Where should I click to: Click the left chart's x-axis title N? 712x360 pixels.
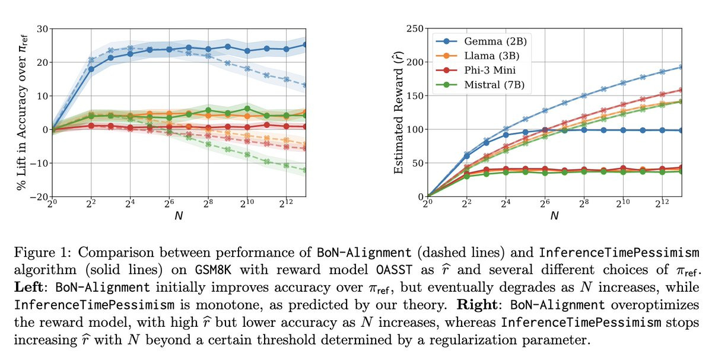point(178,215)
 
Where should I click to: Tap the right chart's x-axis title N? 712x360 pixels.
point(554,215)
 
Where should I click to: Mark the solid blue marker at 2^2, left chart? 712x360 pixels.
point(91,69)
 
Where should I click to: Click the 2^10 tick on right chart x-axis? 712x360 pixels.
point(623,204)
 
